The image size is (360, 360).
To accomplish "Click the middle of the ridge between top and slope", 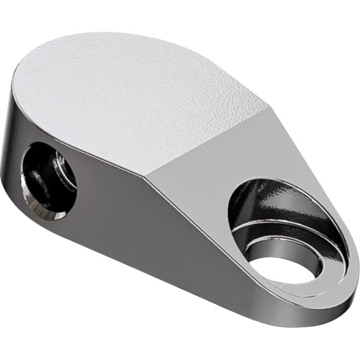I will click(x=209, y=140).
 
